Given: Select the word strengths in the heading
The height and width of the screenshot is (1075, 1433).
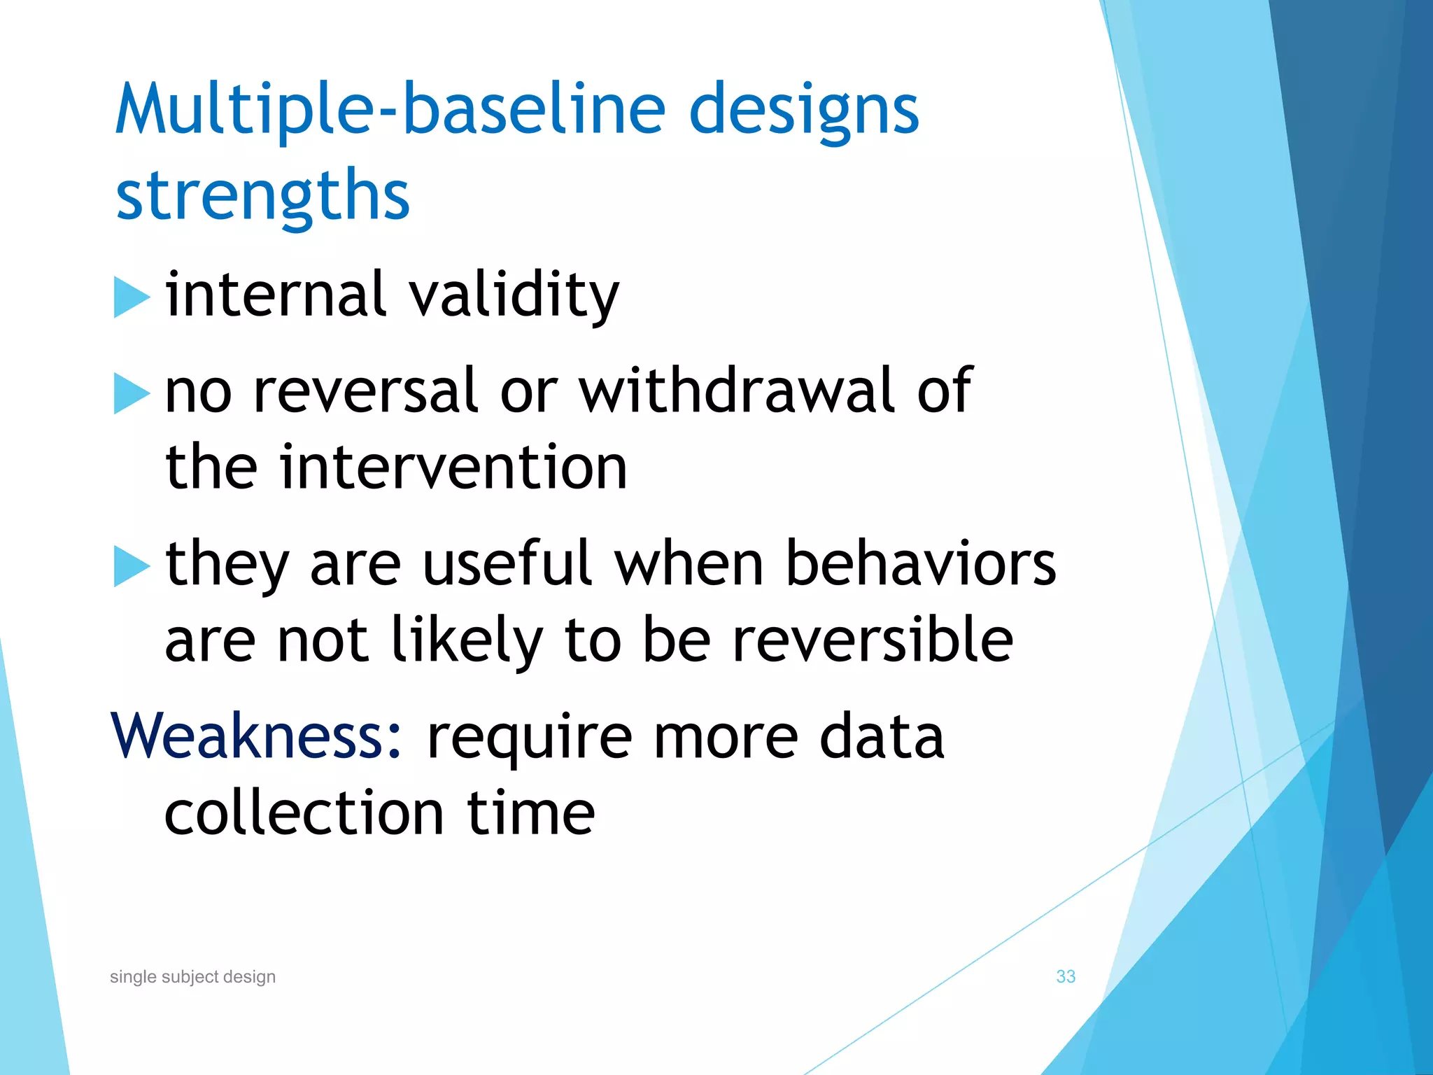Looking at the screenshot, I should tap(262, 196).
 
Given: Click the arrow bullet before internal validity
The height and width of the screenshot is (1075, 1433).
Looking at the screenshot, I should tap(131, 297).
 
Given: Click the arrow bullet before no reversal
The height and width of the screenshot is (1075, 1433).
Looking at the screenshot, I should tap(131, 393).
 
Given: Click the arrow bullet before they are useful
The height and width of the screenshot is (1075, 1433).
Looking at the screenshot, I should tap(131, 565).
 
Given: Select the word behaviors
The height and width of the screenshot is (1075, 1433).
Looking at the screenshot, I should tap(920, 564).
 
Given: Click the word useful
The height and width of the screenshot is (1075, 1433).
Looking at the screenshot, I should tap(507, 564).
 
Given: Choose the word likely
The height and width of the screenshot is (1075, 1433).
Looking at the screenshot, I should tap(467, 641).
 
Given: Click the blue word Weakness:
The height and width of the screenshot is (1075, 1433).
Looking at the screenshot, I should tap(257, 736).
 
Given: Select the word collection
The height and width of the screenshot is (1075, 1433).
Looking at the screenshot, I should tap(304, 813).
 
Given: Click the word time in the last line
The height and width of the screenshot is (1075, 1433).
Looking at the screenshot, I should tap(530, 813).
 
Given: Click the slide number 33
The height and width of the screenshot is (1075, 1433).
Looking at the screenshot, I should tap(1065, 976).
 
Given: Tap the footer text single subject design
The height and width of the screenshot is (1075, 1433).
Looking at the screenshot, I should tap(192, 977).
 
